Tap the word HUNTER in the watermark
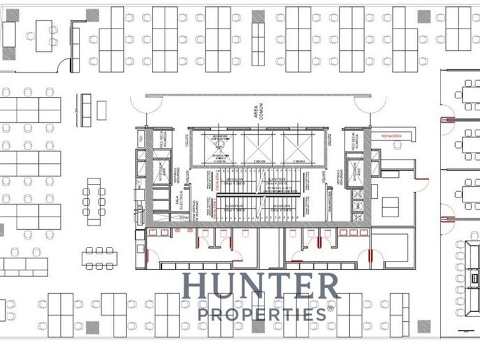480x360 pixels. point(260,286)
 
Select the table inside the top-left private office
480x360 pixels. point(44,35)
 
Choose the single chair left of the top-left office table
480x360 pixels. point(29,36)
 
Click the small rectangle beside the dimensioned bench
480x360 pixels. point(101,110)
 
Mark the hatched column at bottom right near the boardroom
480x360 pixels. point(423,327)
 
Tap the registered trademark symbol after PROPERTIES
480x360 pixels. point(330,309)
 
